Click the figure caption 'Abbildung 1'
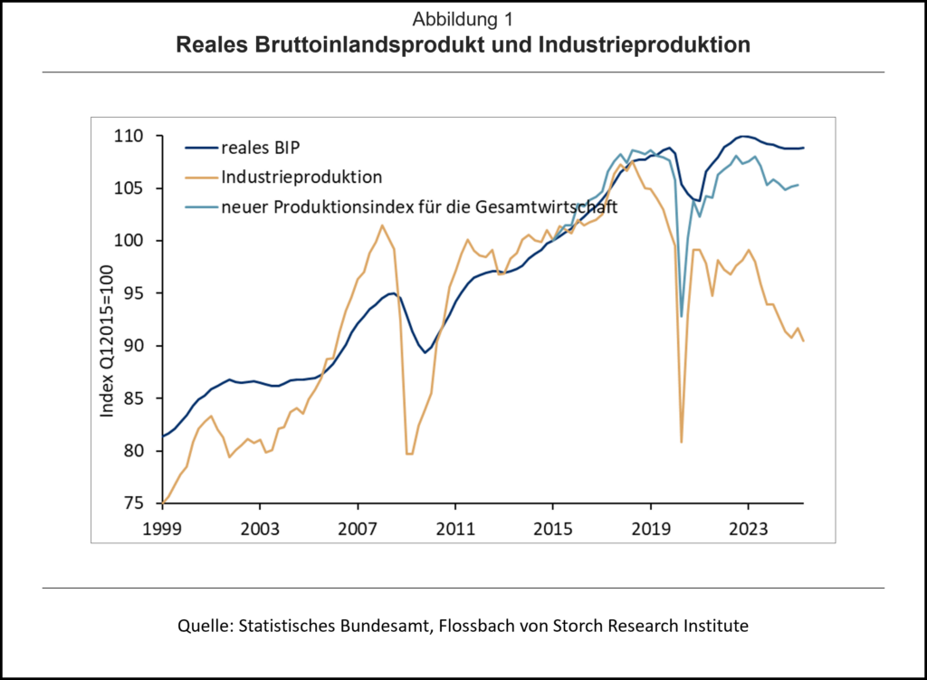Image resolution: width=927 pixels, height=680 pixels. pos(463,19)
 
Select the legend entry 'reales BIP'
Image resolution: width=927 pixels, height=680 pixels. pos(259,148)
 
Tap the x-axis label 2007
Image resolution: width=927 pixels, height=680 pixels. pos(358,525)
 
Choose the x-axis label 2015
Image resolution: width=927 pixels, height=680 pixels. pos(553,525)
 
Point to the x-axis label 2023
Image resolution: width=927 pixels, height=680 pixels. pos(749,525)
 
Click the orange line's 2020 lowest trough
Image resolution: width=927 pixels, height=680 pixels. pos(681,442)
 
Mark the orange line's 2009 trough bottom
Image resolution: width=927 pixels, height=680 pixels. pos(409,454)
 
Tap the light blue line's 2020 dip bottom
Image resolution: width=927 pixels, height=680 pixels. pos(682,316)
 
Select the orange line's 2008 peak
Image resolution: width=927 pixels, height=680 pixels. pos(382,225)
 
